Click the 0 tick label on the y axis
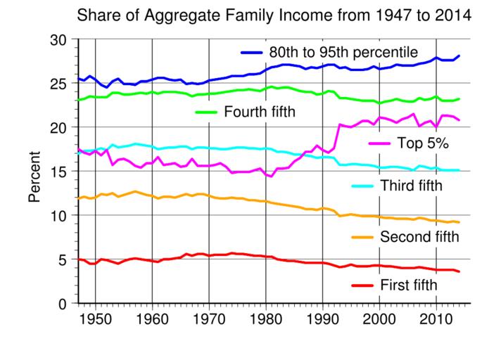click(63, 304)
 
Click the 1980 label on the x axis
click(266, 320)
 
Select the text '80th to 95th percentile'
click(343, 53)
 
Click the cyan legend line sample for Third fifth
click(364, 186)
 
